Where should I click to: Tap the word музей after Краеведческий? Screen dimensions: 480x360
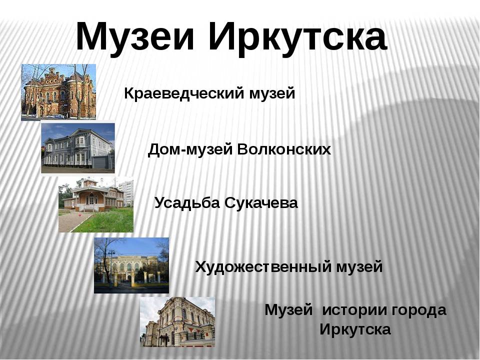[272, 93]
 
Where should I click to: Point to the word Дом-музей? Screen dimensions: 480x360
[190, 149]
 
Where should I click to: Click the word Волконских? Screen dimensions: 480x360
[284, 149]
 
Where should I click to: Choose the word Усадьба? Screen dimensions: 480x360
[187, 203]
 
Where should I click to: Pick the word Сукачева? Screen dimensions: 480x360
[261, 203]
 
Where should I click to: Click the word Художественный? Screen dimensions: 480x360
[263, 266]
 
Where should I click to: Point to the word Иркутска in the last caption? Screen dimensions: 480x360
[355, 329]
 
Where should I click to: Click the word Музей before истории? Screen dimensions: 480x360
[288, 310]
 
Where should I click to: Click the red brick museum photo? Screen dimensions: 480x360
[58, 92]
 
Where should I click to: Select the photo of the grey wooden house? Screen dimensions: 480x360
[78, 148]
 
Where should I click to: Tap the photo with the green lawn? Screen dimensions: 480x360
[96, 204]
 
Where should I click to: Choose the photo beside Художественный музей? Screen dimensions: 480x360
[131, 265]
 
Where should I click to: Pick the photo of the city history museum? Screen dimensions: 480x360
[177, 322]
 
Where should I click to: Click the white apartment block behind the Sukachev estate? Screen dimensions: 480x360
[125, 193]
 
